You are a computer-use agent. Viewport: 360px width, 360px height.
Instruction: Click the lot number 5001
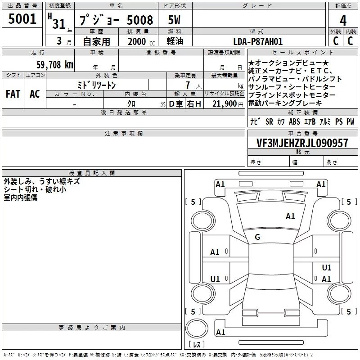(22, 19)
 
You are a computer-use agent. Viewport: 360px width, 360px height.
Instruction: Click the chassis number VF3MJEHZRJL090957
(302, 143)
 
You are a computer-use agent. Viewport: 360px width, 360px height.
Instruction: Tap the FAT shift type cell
(13, 94)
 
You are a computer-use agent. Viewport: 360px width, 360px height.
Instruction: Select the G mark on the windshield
(257, 237)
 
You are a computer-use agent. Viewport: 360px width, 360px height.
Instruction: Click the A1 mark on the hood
(290, 216)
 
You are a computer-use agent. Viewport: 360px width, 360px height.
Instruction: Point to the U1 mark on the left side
(215, 279)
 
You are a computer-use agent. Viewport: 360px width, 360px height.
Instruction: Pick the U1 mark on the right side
(326, 268)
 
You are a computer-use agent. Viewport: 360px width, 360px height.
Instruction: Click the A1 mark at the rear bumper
(220, 333)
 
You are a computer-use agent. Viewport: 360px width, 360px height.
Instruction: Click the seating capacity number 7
(186, 85)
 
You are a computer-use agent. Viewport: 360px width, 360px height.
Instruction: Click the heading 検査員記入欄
(92, 173)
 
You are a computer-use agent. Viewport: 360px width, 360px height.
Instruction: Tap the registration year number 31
(59, 23)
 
